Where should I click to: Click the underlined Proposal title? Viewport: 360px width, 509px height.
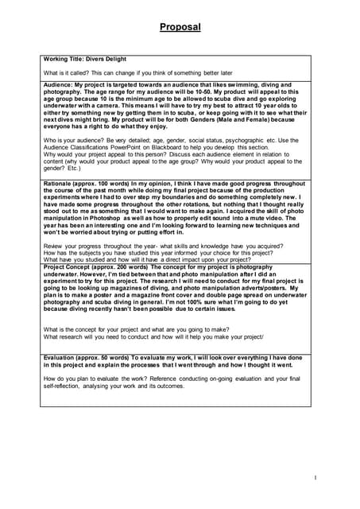point(180,27)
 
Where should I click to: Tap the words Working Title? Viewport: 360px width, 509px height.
point(63,58)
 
